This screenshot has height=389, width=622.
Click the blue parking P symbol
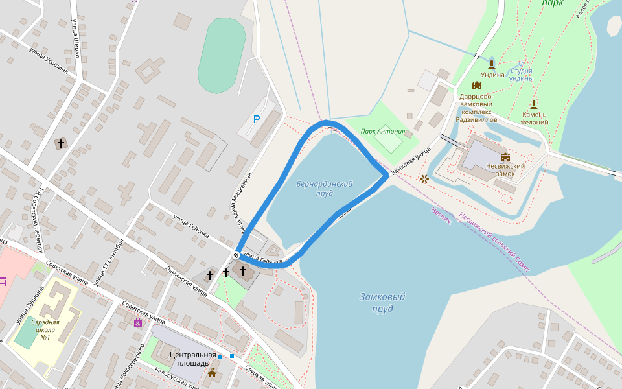[257, 119]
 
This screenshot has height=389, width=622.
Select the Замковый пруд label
[382, 303]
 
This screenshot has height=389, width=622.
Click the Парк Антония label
[383, 131]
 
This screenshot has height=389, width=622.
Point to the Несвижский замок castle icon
[505, 156]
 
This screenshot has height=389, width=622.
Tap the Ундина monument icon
[492, 63]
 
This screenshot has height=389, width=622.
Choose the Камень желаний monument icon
[534, 104]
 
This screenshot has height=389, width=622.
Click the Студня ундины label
[522, 75]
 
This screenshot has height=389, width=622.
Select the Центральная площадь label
[193, 359]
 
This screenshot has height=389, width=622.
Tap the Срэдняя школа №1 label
[45, 329]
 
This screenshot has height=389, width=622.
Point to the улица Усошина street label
[48, 59]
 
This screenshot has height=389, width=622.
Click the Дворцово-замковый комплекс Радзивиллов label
[476, 108]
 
